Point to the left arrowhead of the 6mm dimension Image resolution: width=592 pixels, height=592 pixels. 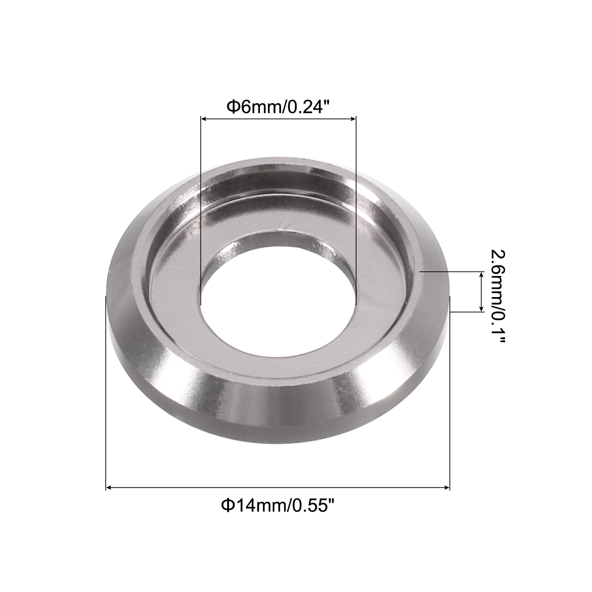pyautogui.click(x=203, y=118)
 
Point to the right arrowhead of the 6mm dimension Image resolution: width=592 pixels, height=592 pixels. pyautogui.click(x=353, y=118)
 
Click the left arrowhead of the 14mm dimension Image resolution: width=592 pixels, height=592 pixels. pyautogui.click(x=109, y=488)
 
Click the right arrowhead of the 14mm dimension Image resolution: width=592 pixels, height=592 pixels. pyautogui.click(x=447, y=488)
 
